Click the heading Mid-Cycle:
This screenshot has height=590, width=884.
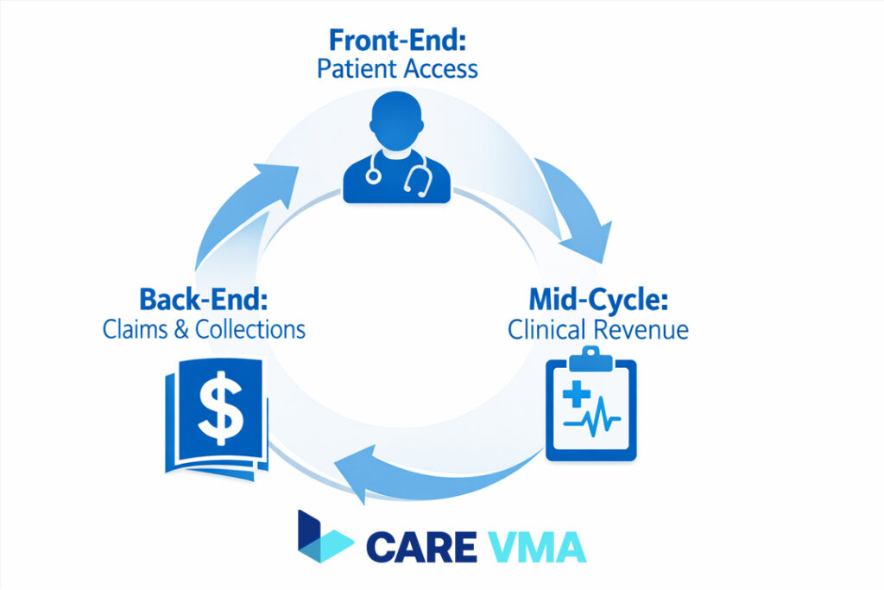[x=597, y=301]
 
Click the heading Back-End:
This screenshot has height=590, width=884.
[x=203, y=301]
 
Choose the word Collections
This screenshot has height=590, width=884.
[x=250, y=330]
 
